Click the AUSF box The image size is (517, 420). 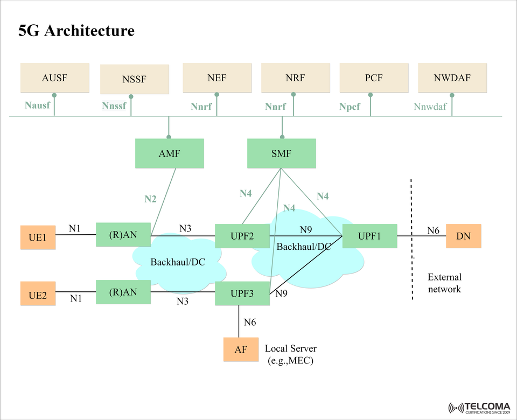point(54,78)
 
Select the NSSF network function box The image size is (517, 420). point(134,79)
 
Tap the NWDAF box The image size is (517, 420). point(452,78)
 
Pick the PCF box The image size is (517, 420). point(373,78)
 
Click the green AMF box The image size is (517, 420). point(169,153)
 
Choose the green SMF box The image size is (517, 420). point(281,153)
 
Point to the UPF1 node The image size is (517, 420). point(369,236)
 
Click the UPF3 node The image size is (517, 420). point(242,293)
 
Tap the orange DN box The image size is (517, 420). point(463,236)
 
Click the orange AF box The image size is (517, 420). point(241,349)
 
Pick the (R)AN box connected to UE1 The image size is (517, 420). point(123,235)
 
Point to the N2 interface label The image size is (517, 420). point(150,199)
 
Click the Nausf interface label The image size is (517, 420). point(37,105)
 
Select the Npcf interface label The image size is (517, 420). point(350,107)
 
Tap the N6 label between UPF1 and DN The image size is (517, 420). point(434,230)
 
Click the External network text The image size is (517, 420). point(444,283)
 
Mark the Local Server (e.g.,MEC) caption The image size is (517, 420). point(291,354)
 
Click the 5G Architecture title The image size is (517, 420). point(76,31)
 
